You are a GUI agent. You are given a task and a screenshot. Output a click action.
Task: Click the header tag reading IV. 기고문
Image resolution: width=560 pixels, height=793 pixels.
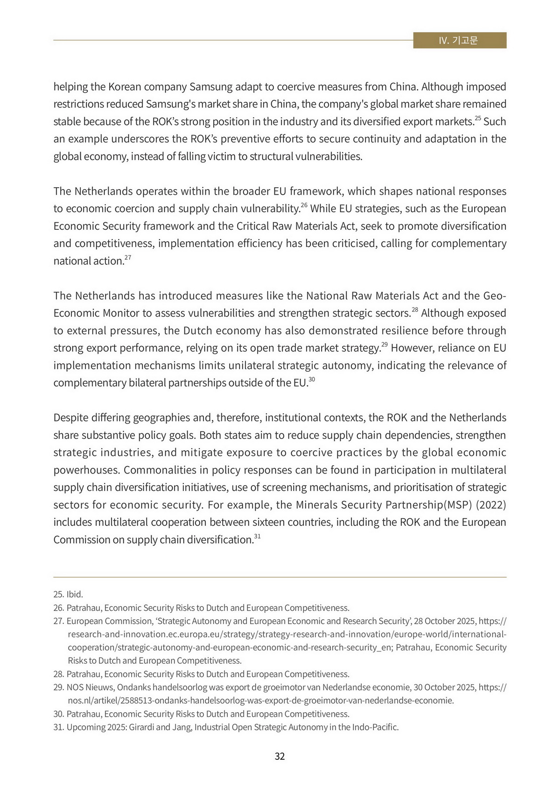459,41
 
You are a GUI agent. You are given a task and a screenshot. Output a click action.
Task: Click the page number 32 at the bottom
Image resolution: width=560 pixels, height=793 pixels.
280,756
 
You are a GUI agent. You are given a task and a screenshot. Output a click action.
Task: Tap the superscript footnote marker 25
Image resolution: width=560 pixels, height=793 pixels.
477,119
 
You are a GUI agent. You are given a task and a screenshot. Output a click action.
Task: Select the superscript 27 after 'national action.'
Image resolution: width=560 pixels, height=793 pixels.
127,258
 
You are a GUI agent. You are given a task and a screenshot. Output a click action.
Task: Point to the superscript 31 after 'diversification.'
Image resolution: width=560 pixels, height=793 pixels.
257,537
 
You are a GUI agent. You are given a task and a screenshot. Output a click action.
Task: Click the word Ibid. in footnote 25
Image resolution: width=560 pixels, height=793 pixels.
75,595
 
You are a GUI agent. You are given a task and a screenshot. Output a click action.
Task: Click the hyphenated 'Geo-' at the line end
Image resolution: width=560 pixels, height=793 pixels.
495,296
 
